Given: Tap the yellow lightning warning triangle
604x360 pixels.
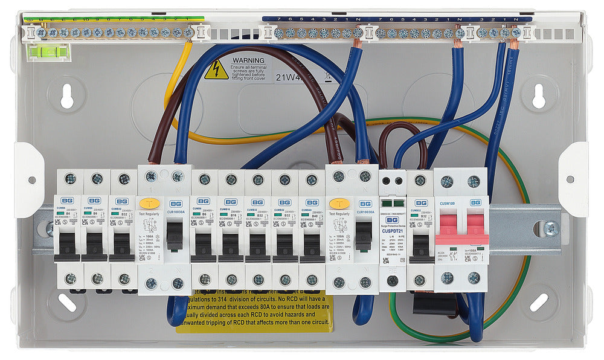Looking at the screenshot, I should (216, 71).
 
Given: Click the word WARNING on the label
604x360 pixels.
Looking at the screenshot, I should (249, 61).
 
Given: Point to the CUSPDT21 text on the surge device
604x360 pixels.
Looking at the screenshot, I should (393, 230).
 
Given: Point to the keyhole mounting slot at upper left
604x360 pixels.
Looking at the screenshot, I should (66, 95).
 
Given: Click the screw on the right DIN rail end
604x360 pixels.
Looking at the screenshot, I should (550, 228).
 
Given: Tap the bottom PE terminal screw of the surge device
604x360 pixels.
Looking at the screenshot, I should (393, 280).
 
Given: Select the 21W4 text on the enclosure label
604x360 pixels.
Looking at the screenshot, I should (289, 77).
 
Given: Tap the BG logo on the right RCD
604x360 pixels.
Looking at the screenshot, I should (365, 204).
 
